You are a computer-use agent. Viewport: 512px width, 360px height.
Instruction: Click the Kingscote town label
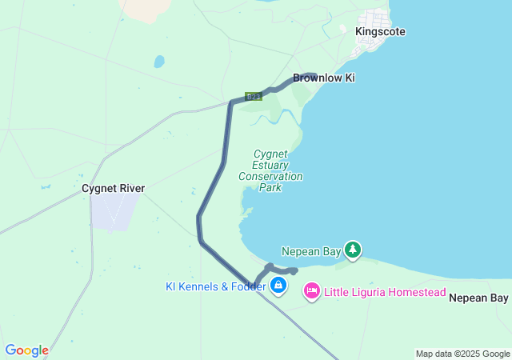(x=380, y=31)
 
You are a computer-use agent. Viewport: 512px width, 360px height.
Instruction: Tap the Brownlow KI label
(x=323, y=78)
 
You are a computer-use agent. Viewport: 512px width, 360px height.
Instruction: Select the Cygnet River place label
(x=113, y=189)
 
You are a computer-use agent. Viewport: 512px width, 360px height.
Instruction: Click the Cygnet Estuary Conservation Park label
(x=271, y=170)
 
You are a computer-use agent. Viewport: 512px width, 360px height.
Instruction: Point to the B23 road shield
(x=254, y=96)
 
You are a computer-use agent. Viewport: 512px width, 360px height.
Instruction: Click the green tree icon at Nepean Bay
(x=353, y=250)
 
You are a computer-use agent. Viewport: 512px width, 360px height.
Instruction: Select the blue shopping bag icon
(x=278, y=286)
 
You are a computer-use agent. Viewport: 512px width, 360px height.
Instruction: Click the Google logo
(x=26, y=350)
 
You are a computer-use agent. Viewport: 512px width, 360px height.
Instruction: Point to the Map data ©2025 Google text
(x=462, y=354)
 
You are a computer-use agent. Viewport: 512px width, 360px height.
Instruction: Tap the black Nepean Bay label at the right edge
(x=478, y=298)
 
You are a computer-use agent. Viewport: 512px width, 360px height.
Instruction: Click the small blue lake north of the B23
(x=159, y=61)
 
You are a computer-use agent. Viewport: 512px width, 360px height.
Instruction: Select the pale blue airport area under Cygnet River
(x=114, y=211)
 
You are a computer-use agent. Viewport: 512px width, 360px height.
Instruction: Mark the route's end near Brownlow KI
(x=314, y=75)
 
